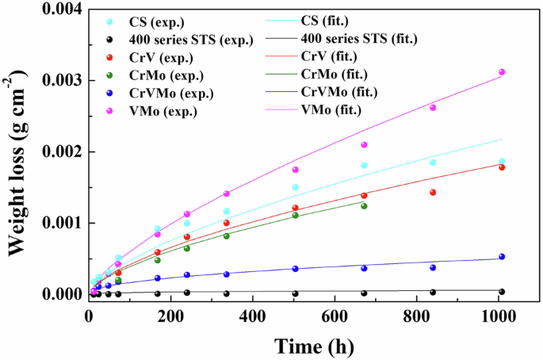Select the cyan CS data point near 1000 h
pos(502,161)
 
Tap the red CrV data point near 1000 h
pos(502,167)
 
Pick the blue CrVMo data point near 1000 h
pos(502,256)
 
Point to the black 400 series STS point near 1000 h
pos(502,291)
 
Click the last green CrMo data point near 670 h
pos(364,205)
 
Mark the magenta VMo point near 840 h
pos(433,107)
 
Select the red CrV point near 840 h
pos(433,192)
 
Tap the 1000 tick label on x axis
pos(498,316)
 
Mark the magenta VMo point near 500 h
pos(295,169)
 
